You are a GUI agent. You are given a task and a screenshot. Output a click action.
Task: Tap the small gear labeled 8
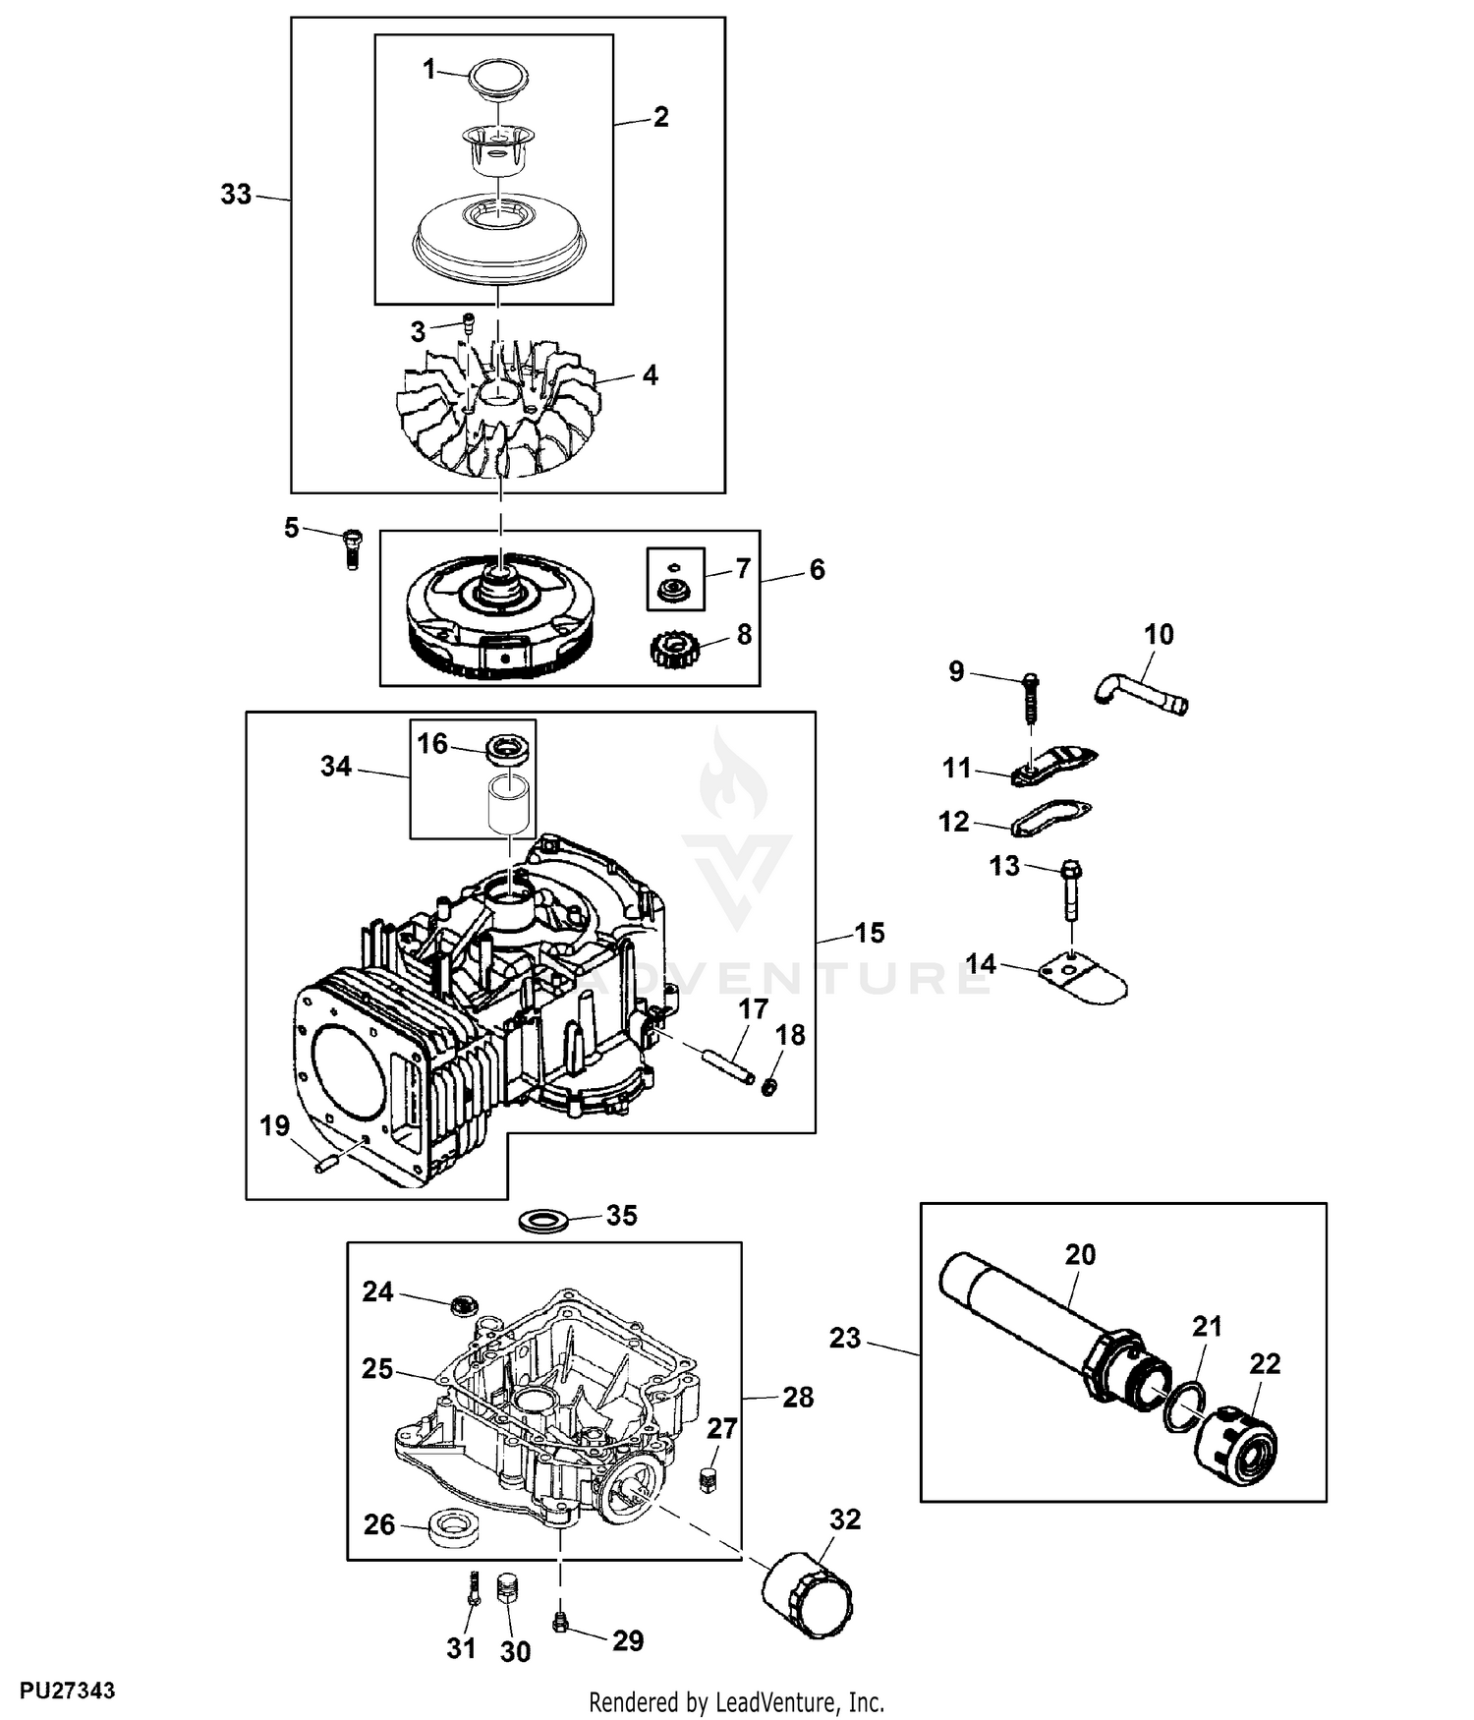pos(674,649)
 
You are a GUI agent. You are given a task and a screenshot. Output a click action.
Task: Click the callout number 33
pos(236,195)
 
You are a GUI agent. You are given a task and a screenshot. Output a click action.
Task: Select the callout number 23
pos(845,1338)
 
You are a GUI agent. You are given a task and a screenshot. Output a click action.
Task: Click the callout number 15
pos(870,932)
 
